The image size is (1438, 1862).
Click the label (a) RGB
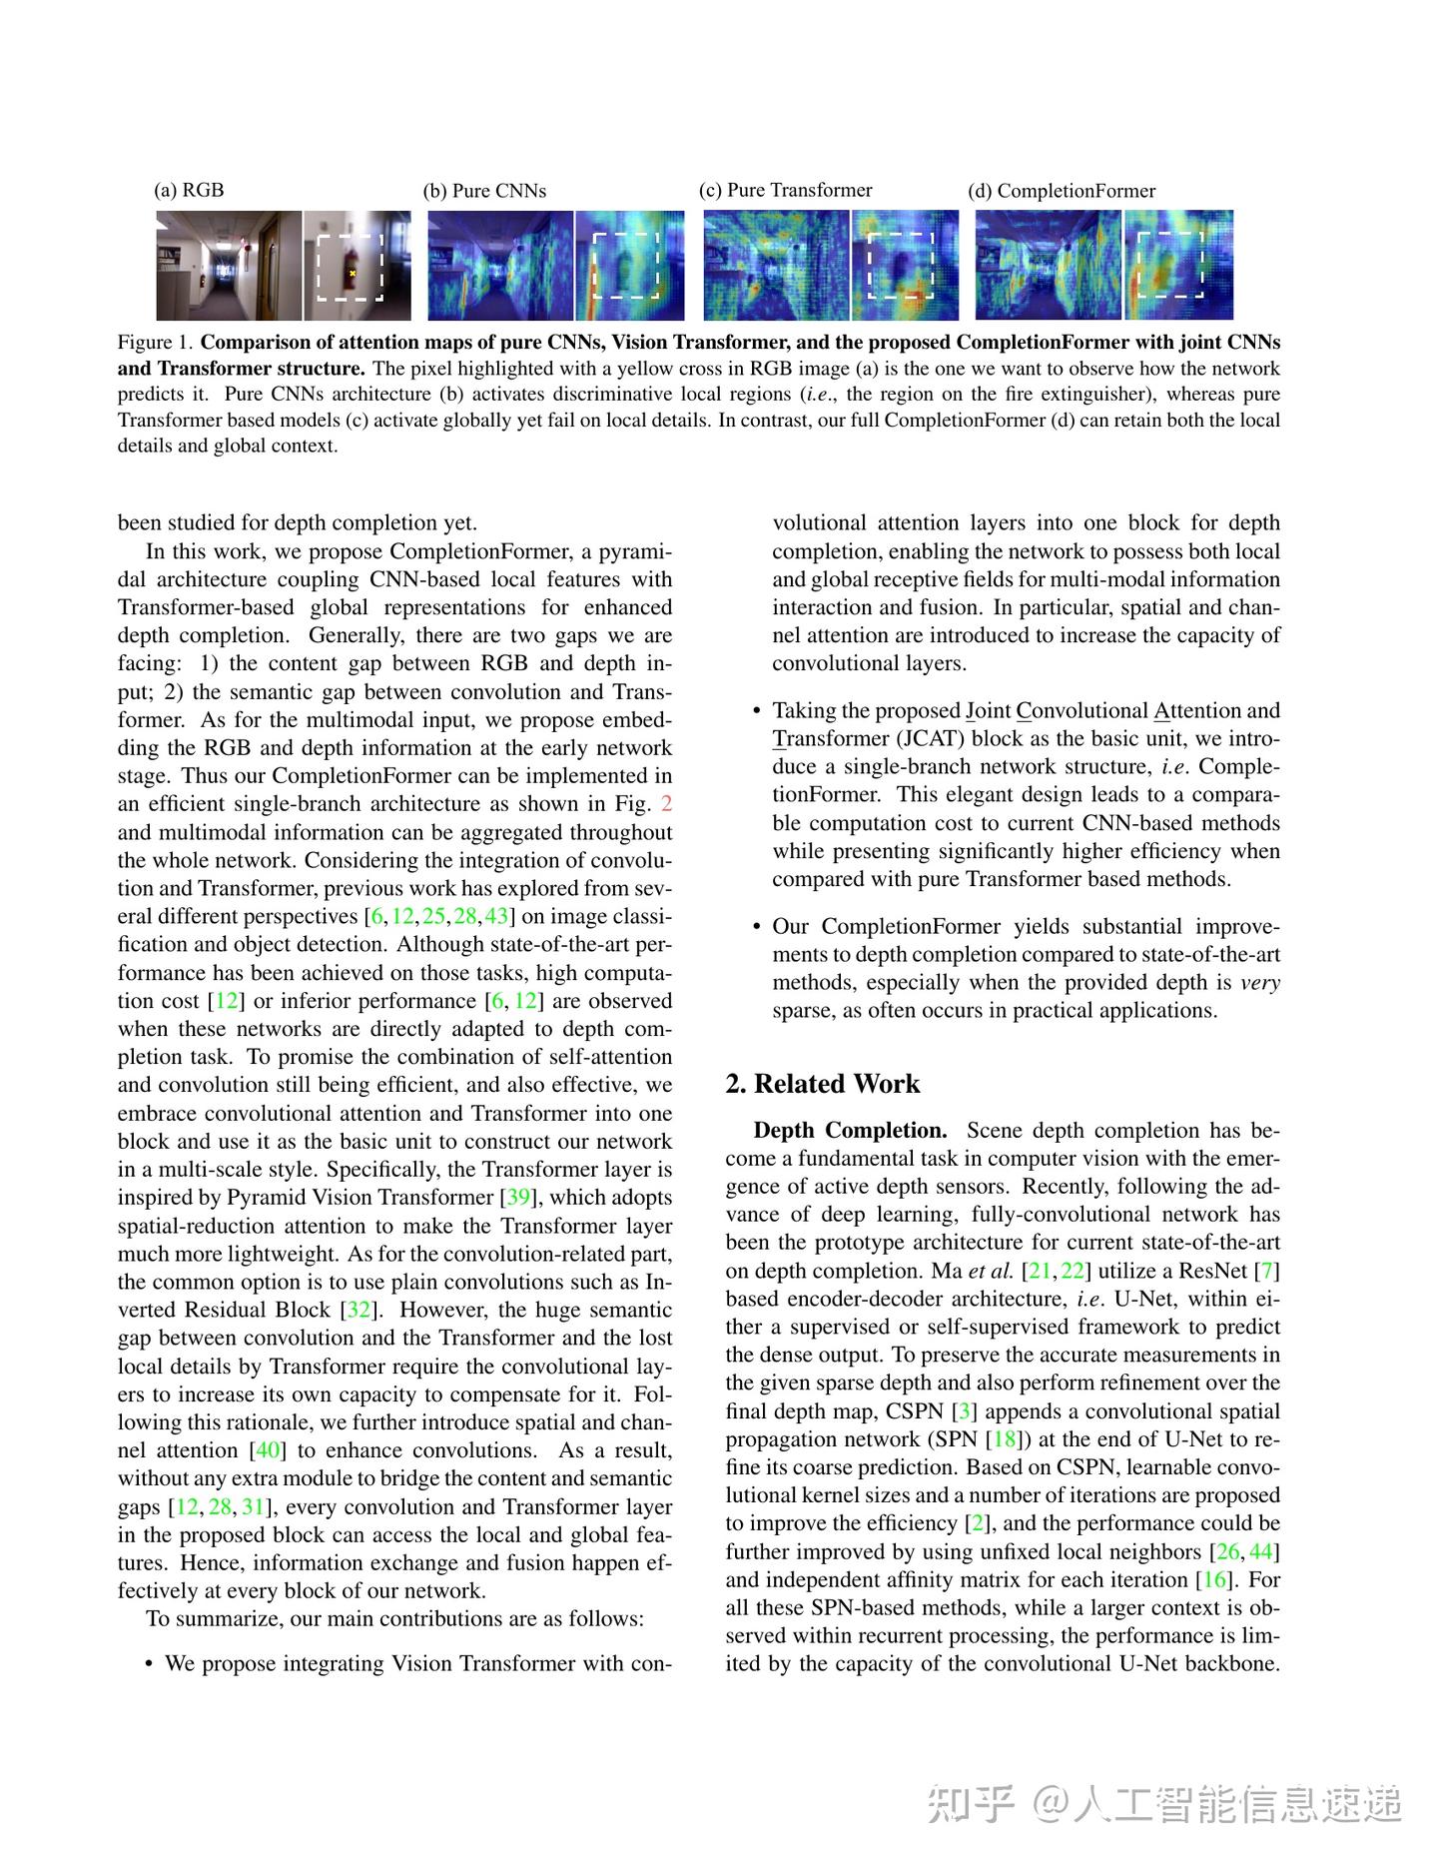point(189,190)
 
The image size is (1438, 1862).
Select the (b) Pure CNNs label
point(484,191)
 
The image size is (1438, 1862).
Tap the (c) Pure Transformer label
point(785,190)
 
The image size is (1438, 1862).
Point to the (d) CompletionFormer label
point(1062,191)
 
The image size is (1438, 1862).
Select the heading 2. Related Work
point(823,1084)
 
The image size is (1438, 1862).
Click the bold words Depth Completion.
point(851,1131)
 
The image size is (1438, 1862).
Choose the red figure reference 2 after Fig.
point(667,804)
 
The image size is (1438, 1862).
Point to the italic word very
point(1259,983)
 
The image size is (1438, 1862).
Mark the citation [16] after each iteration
point(1215,1580)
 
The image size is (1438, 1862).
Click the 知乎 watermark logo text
point(971,1804)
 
